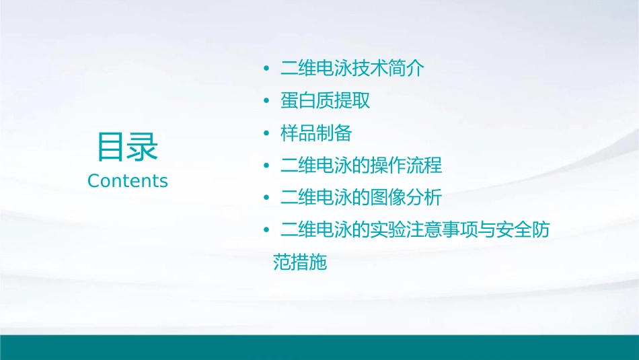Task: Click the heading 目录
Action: click(x=127, y=147)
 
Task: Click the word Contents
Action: click(x=127, y=181)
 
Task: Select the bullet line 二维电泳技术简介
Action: click(x=352, y=69)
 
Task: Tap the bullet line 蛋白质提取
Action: click(x=326, y=101)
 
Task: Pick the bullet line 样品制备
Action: click(x=316, y=133)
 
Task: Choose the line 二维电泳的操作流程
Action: click(x=361, y=166)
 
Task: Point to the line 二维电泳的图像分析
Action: click(x=361, y=198)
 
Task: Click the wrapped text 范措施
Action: click(x=300, y=262)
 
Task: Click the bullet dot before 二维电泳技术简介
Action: click(x=266, y=69)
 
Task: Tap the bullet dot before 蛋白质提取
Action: click(x=266, y=102)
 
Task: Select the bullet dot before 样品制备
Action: click(x=266, y=134)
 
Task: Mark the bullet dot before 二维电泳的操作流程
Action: click(x=266, y=166)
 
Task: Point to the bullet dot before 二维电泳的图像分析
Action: click(x=266, y=199)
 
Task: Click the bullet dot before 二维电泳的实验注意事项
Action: click(x=266, y=231)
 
